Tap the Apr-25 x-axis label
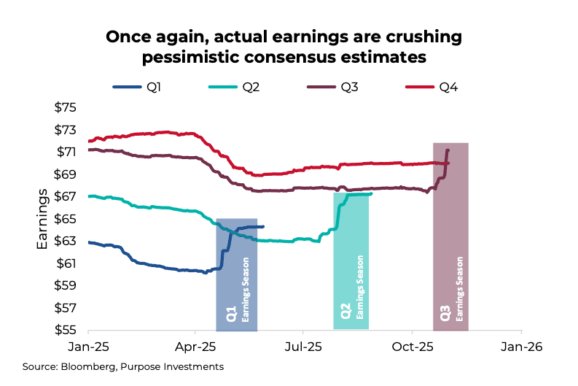tap(195, 347)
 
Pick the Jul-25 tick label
tap(303, 347)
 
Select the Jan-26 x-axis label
tap(520, 347)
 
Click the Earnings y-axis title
tap(43, 219)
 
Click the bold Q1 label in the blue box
tap(231, 314)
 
